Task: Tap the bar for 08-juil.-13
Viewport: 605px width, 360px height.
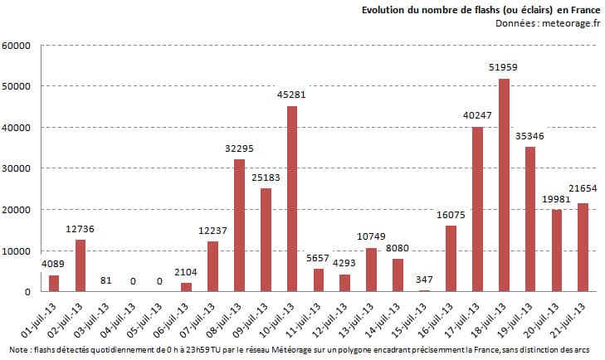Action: coord(239,226)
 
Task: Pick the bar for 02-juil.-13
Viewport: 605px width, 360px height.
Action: coord(81,265)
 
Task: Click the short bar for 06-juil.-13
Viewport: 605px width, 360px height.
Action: coord(187,287)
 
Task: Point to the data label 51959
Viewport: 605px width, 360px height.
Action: coord(504,67)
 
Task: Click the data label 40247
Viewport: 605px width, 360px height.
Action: coord(477,116)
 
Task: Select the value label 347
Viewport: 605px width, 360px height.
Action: coord(424,280)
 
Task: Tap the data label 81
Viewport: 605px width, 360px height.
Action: coord(107,280)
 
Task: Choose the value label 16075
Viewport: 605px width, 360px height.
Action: coord(451,215)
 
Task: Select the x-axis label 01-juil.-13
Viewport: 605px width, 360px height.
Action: coord(42,319)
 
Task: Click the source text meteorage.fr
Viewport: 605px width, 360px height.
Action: coord(570,23)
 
